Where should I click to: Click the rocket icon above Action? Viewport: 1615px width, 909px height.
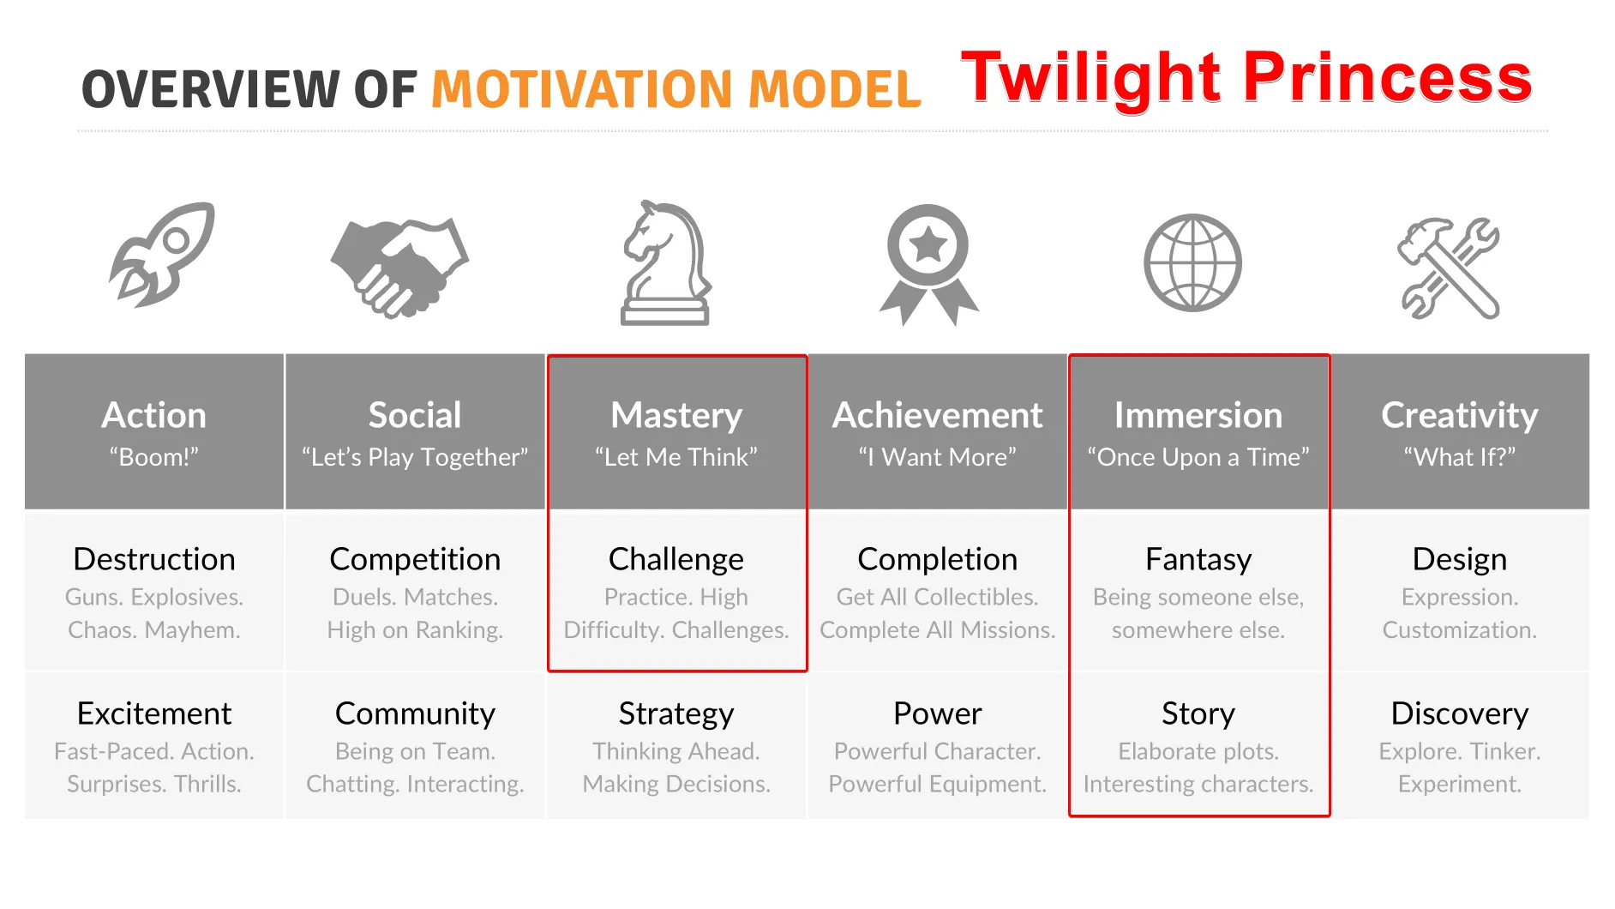[161, 255]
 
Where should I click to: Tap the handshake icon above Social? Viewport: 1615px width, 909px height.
[399, 266]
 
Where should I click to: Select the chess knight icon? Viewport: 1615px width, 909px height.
[666, 263]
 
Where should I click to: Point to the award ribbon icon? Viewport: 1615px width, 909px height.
[928, 264]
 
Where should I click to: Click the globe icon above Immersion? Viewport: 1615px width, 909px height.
[1192, 262]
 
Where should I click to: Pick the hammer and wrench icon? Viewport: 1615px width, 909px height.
[1450, 268]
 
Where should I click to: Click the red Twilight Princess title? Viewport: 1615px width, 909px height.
[1246, 79]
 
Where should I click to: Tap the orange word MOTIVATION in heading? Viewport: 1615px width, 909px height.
[581, 89]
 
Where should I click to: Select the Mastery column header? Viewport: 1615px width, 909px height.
[676, 415]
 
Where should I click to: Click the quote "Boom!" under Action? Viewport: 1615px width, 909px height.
[154, 457]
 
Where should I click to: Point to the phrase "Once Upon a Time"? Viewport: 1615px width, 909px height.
[1198, 457]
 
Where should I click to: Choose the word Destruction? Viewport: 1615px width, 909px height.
[154, 559]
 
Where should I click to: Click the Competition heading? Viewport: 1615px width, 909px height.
[415, 559]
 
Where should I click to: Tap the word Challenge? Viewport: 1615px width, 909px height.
[676, 559]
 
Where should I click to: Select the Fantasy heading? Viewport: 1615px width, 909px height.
[1198, 559]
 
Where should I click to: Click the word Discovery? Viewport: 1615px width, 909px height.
[1460, 713]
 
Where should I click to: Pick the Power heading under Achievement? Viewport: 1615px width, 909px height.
[938, 713]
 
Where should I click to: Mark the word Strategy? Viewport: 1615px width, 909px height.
[676, 713]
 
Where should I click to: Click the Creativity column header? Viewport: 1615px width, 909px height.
[1460, 415]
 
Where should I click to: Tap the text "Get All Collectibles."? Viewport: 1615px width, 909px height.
[938, 597]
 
